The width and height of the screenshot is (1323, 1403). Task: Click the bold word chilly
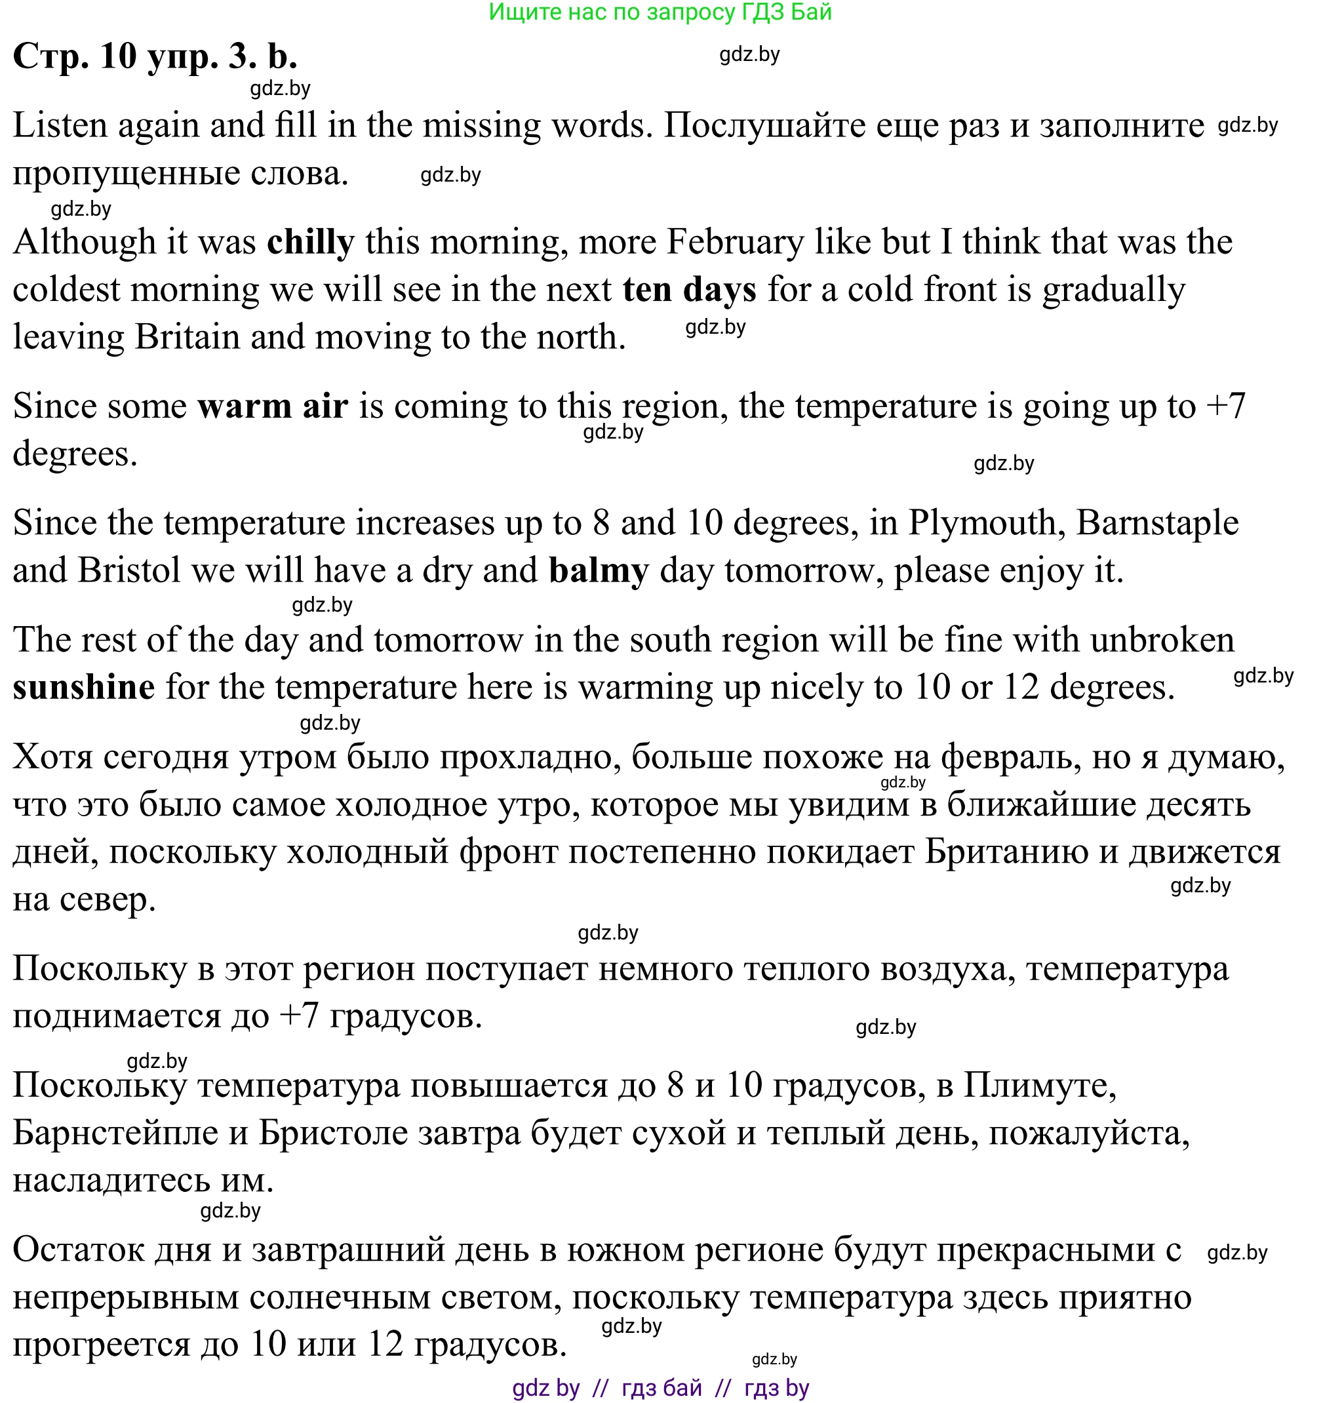pos(311,243)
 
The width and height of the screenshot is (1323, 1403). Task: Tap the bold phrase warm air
pos(272,406)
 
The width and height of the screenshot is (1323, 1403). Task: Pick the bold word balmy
pos(599,571)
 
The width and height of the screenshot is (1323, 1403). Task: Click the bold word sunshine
pos(84,687)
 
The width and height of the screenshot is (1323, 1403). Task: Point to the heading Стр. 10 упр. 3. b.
pos(155,56)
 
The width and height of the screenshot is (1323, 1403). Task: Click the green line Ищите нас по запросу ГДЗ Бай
pos(660,12)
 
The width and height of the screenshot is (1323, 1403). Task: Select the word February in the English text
pos(735,243)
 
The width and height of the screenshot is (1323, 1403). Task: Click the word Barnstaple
pos(1157,524)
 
